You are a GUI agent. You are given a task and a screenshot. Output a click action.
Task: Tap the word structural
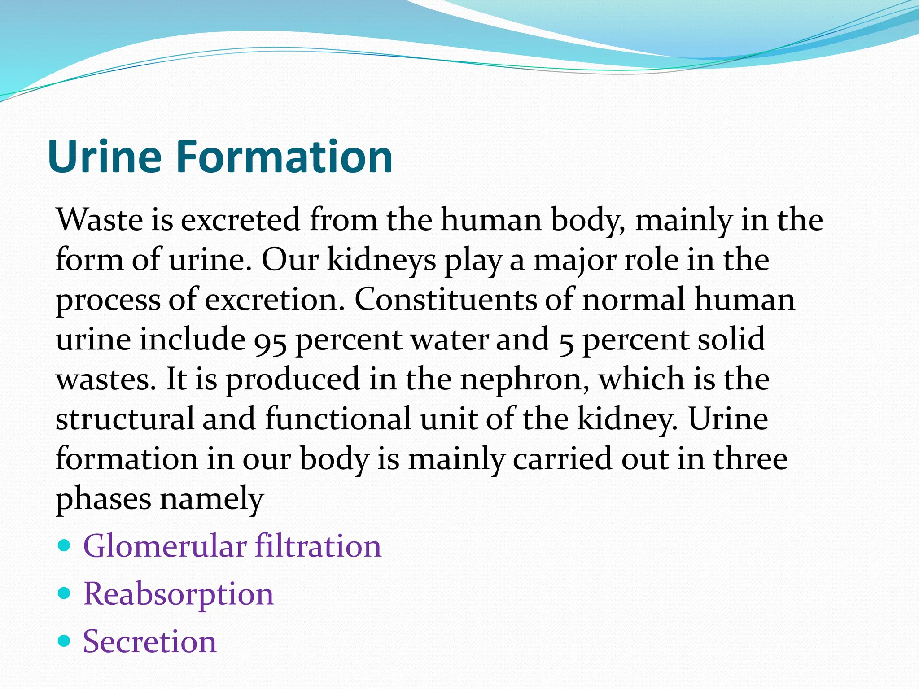(x=125, y=419)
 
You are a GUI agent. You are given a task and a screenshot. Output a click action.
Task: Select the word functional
(x=338, y=419)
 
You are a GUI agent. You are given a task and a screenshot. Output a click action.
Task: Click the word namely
(x=212, y=499)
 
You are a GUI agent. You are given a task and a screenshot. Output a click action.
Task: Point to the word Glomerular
(x=165, y=546)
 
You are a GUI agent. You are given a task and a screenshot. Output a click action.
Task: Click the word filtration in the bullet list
(x=318, y=546)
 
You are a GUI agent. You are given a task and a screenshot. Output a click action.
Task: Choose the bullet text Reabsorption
(x=178, y=594)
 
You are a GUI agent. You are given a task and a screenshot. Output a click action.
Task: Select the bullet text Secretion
(x=150, y=641)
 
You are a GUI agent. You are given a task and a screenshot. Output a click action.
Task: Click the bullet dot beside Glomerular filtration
(x=65, y=545)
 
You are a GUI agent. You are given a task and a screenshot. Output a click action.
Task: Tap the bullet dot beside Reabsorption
(x=65, y=593)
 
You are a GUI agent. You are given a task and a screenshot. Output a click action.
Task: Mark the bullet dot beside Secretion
(x=65, y=641)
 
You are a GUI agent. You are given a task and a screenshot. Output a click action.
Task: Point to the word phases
(x=103, y=499)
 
